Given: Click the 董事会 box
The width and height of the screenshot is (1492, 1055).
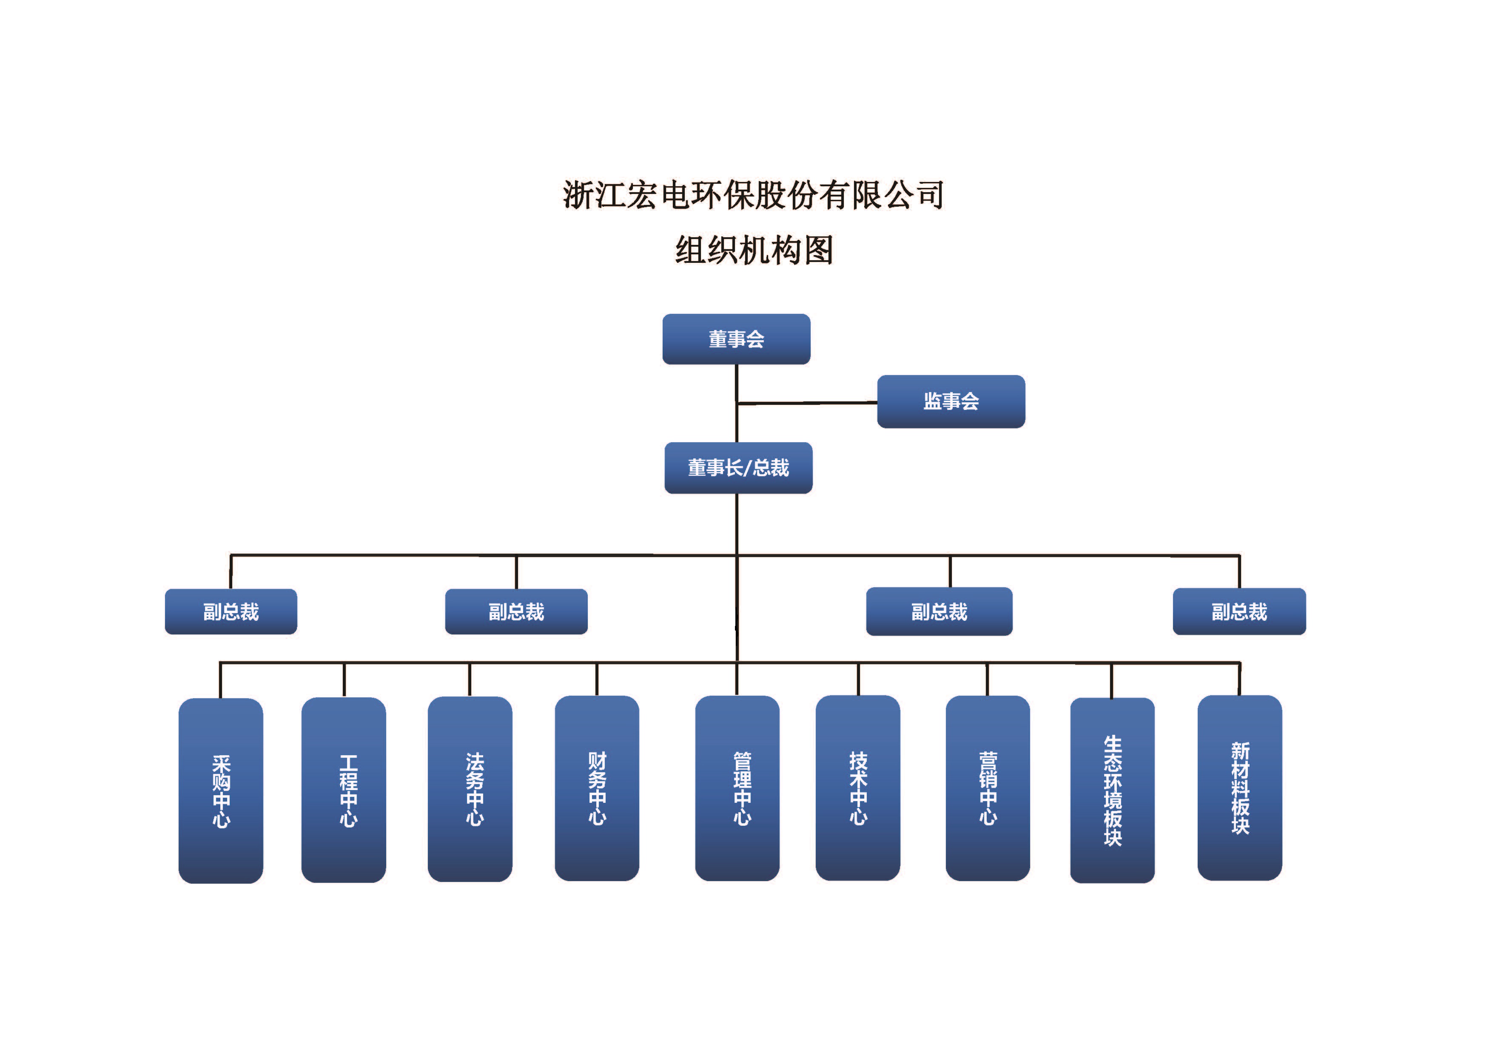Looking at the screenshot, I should coord(736,339).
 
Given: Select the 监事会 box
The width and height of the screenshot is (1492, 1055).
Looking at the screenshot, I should coord(951,401).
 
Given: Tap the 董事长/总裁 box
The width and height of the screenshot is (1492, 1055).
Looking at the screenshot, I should coord(738,468).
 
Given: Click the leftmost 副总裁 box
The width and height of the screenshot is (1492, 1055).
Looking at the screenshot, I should coord(231,611).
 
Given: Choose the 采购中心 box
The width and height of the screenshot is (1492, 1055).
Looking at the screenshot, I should coord(221,791).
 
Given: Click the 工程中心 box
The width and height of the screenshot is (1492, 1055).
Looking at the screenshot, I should coord(344,790).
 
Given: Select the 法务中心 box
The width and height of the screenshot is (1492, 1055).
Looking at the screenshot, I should coord(470,789).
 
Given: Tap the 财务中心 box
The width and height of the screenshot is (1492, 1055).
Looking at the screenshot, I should coord(597,789).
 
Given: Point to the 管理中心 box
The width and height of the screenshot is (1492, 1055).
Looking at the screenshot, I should coord(737,789).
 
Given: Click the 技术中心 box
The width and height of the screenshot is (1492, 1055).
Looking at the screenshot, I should coord(858,788).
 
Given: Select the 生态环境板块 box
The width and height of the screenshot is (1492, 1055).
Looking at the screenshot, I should coord(1112,791).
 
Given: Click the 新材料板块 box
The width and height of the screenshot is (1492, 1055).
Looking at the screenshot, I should coord(1239,788).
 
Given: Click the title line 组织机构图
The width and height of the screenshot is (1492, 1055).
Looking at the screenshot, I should coord(754,250).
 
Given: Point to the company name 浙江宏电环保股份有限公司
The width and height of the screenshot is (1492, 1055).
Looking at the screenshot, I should coord(753,195).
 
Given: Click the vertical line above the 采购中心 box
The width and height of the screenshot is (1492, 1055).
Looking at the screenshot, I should coord(220,681).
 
